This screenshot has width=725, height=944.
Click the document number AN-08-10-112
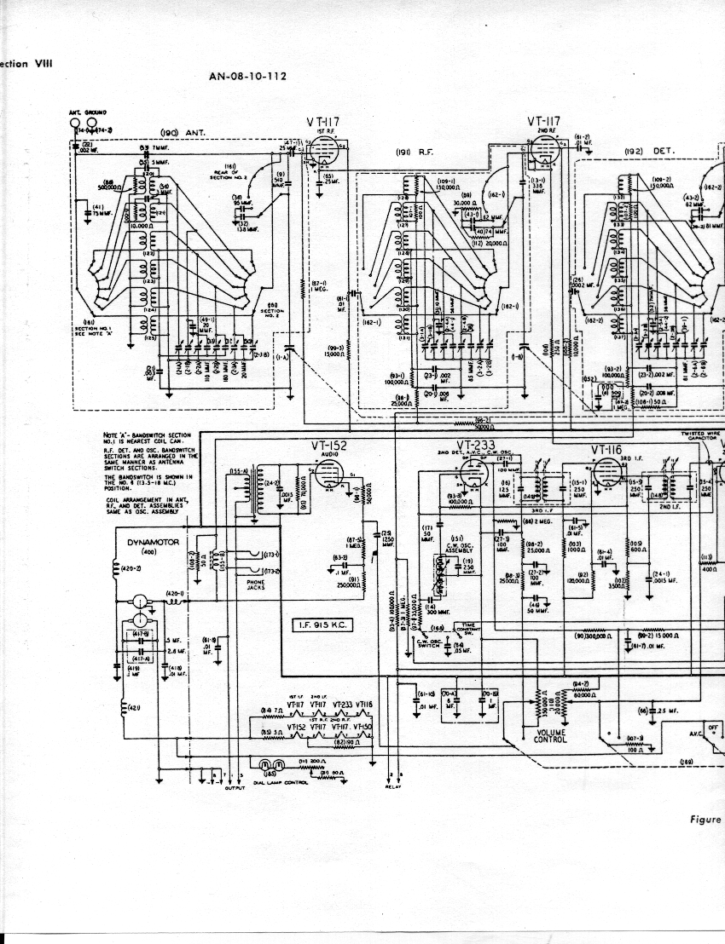coord(247,76)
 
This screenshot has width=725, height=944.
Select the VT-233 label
coord(476,445)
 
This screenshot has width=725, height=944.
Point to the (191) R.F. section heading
coord(415,152)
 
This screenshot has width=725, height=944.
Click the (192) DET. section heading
coord(649,151)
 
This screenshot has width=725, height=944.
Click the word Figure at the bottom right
coord(706,820)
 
